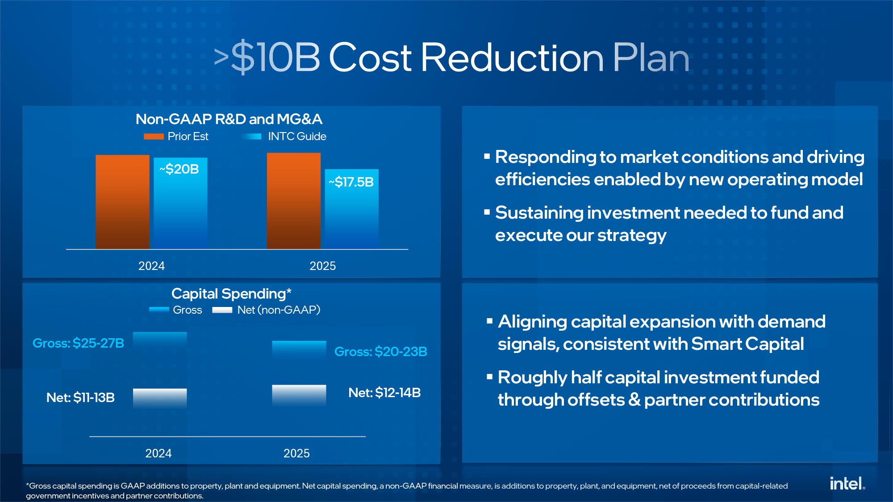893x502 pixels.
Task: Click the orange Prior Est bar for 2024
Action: coord(122,202)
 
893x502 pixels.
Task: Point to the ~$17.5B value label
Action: coord(351,182)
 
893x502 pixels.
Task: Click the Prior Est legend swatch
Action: coord(154,137)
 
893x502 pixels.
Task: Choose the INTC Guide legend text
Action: coord(297,137)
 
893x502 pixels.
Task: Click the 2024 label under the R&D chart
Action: coord(151,266)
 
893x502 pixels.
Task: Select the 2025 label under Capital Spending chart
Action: coord(296,453)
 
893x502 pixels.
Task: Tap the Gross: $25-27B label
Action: coord(78,343)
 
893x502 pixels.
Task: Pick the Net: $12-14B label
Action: coord(384,393)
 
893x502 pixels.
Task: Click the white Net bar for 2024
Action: coord(160,398)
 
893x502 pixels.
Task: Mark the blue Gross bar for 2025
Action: coord(299,349)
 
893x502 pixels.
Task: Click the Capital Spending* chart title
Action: coord(231,294)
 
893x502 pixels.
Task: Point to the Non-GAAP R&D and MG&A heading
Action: coord(229,119)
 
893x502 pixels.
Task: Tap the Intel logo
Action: coord(847,483)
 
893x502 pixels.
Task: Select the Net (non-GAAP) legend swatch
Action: coord(222,310)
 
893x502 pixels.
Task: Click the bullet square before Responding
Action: coord(487,157)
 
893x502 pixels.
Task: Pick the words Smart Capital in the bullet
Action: coord(747,344)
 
